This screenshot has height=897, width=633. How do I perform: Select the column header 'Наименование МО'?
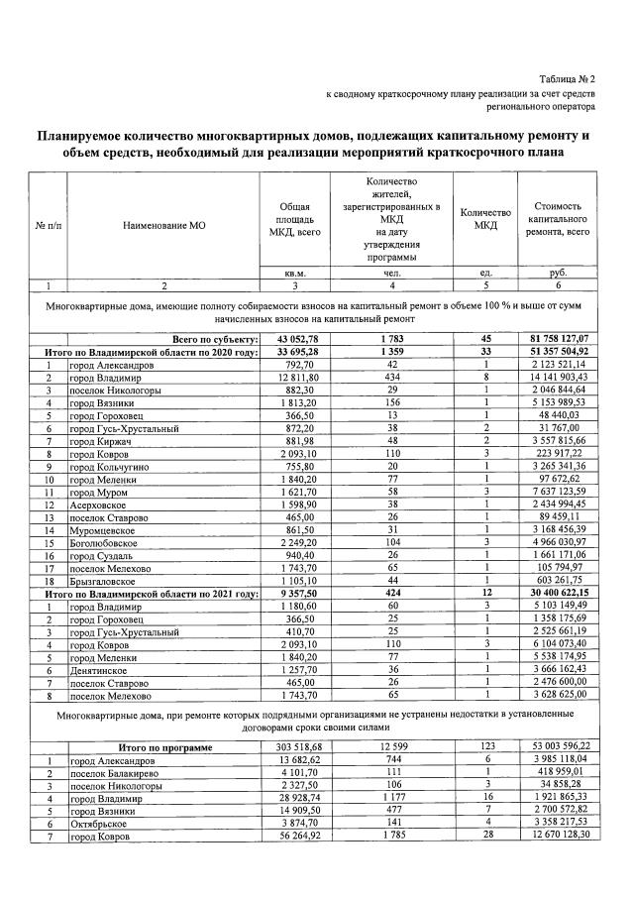[x=162, y=226]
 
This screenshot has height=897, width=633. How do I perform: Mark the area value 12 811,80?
[x=294, y=377]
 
